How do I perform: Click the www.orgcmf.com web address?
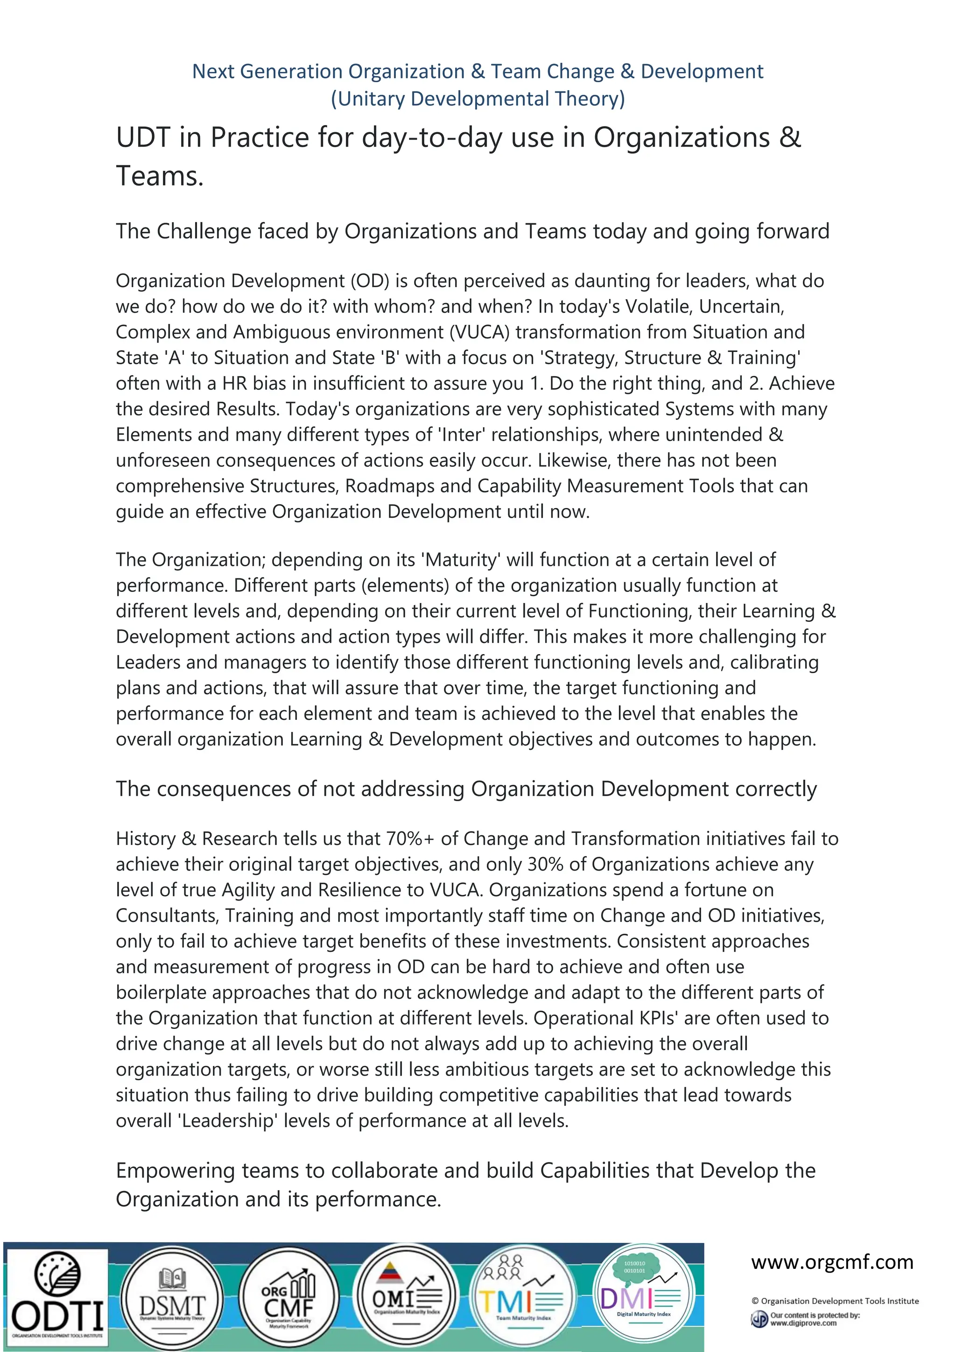point(832,1262)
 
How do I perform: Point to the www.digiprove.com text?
point(803,1323)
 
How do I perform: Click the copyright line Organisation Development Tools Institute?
point(835,1301)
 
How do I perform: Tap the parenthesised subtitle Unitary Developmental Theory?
point(478,99)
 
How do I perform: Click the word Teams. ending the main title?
point(160,176)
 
